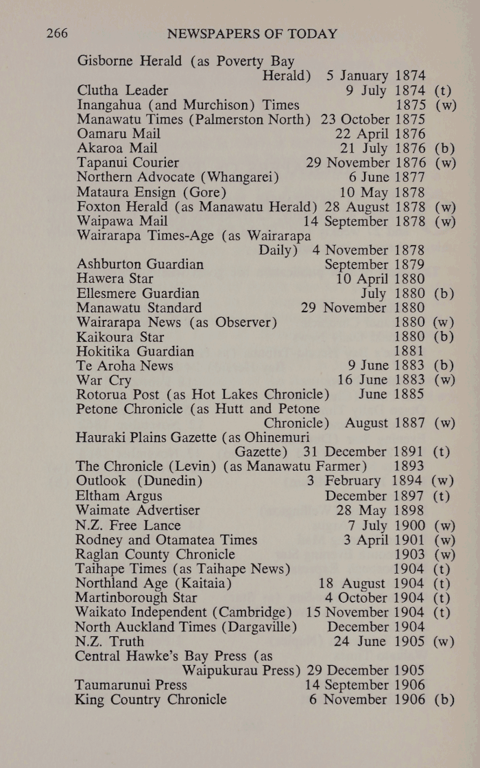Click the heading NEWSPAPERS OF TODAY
[252, 34]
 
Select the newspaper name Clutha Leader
[123, 90]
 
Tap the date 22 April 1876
[380, 134]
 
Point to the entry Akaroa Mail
[117, 148]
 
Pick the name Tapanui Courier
[128, 163]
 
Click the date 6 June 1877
[387, 177]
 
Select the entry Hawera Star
[115, 279]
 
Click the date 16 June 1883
[381, 380]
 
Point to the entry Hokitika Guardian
[135, 351]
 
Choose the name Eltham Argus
[119, 496]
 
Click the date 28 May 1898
[381, 511]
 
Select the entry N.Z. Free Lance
[128, 526]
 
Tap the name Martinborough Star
[136, 598]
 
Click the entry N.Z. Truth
[110, 642]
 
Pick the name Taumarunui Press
[132, 685]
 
